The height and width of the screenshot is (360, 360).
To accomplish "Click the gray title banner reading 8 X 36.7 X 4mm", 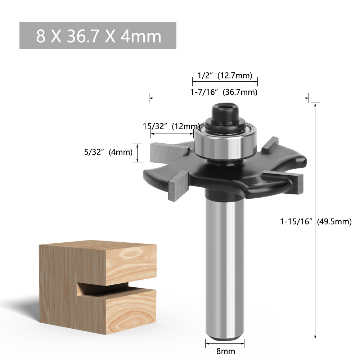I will coord(98,36).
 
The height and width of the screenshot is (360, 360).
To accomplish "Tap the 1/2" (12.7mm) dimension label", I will coord(225,75).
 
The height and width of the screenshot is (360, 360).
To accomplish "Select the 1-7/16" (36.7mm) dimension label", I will coord(224,92).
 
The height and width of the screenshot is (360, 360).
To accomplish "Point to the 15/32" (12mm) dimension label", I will coord(171,126).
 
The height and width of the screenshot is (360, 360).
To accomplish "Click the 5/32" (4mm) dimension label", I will coord(108,152).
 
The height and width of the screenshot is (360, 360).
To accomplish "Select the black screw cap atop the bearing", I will coord(226,112).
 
